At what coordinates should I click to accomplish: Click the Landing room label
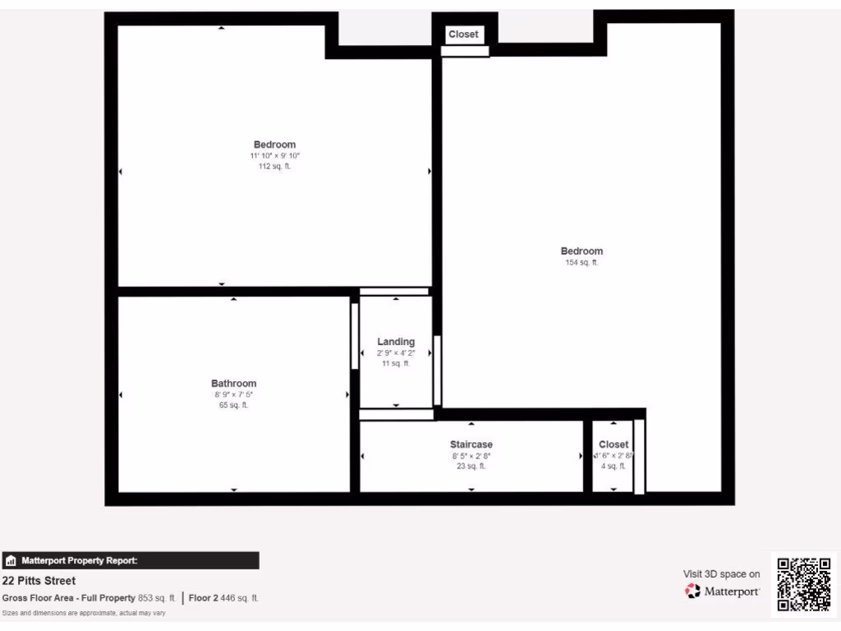(396, 342)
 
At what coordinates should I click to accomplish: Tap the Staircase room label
(471, 444)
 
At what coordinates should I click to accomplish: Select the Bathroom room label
(234, 383)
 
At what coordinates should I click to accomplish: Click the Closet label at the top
(463, 35)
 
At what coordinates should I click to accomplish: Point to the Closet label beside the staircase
(614, 444)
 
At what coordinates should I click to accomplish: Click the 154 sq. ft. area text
(581, 263)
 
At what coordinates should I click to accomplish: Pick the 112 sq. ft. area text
(274, 166)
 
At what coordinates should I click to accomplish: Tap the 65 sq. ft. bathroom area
(234, 405)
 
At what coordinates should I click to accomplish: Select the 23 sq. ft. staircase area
(471, 466)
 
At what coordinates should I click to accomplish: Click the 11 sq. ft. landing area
(396, 363)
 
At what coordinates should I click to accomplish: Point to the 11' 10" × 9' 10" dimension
(274, 155)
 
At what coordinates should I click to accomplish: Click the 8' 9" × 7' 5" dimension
(234, 394)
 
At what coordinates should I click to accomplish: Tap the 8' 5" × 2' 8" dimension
(471, 455)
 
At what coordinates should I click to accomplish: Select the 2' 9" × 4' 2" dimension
(396, 352)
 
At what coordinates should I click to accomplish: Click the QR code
(804, 584)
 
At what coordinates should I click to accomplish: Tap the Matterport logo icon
(693, 591)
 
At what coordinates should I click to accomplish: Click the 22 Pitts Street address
(39, 581)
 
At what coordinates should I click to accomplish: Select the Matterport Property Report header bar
(131, 560)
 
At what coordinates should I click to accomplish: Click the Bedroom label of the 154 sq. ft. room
(581, 251)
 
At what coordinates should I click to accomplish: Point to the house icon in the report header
(11, 561)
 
